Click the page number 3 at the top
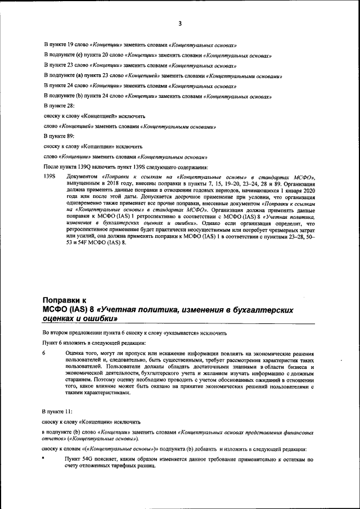click(180, 23)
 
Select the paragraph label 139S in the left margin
click(49, 177)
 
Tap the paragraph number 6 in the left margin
click(44, 353)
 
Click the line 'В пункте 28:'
click(58, 106)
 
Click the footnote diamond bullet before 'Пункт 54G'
click(44, 459)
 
